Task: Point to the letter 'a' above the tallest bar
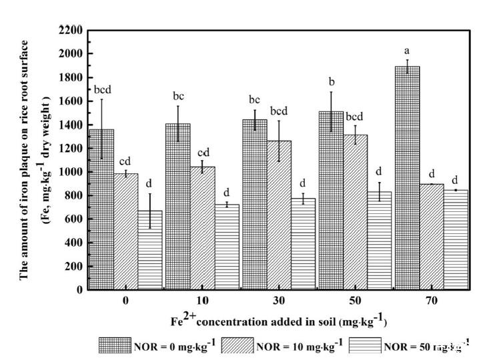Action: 406,51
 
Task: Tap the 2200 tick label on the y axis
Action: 71,30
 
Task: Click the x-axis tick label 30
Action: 279,301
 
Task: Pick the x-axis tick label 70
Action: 431,301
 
